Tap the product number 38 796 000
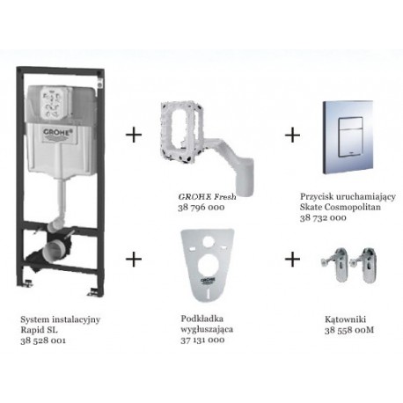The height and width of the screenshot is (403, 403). (x=201, y=208)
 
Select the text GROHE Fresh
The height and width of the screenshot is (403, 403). (x=207, y=196)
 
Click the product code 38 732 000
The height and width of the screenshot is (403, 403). (x=323, y=217)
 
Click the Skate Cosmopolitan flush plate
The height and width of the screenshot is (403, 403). (x=348, y=138)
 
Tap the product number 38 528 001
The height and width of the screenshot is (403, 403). (x=43, y=341)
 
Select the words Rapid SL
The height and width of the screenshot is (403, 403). (x=40, y=330)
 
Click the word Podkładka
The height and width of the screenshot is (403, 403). (x=202, y=319)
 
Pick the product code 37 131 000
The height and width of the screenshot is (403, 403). (x=202, y=340)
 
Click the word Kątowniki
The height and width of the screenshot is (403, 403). (x=345, y=319)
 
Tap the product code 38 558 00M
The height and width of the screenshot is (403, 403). (x=349, y=330)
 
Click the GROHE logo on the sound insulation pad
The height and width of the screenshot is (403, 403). (x=208, y=281)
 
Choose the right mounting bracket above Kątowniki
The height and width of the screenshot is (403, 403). (x=366, y=265)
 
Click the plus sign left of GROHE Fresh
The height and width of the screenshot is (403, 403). (x=134, y=136)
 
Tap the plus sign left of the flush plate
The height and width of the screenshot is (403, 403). (x=292, y=136)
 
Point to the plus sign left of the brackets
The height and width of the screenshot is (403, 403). (x=292, y=260)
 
